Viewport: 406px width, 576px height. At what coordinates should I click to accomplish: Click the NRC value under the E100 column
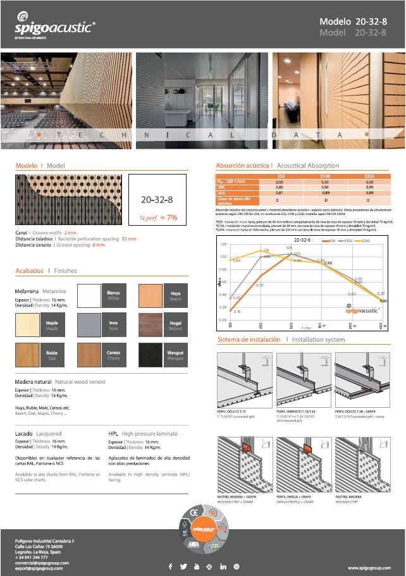pyautogui.click(x=326, y=188)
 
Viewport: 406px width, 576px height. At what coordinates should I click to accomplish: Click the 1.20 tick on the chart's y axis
pyautogui.click(x=223, y=244)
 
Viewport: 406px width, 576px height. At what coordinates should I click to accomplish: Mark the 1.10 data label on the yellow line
pyautogui.click(x=266, y=250)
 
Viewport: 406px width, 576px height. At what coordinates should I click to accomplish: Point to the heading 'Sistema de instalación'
pyautogui.click(x=250, y=340)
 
